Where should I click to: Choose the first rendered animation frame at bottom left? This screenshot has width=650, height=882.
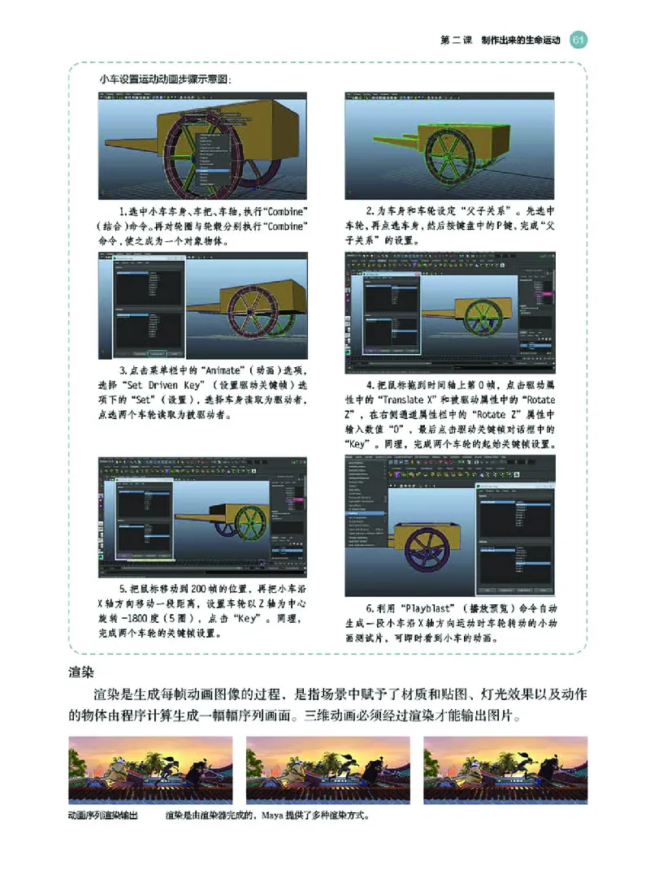click(150, 769)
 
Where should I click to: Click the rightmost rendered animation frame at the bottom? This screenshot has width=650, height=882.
click(505, 769)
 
